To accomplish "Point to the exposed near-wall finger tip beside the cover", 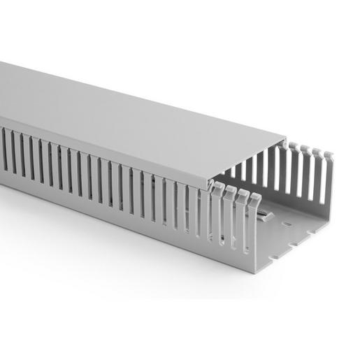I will click(x=216, y=186).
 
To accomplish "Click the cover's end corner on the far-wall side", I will click(x=286, y=137).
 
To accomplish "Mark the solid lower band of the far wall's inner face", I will click(x=308, y=207).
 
